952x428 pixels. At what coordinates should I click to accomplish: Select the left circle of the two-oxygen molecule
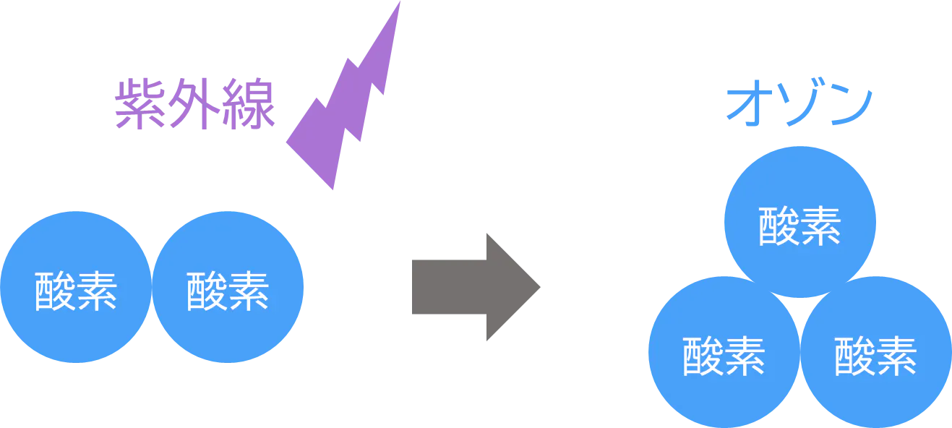(76, 287)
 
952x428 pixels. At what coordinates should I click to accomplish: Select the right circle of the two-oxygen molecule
(228, 287)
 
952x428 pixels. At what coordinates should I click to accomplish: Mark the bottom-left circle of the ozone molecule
(723, 354)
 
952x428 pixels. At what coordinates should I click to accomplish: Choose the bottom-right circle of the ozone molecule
(876, 354)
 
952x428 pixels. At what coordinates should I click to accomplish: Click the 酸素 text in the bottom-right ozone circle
(876, 356)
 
